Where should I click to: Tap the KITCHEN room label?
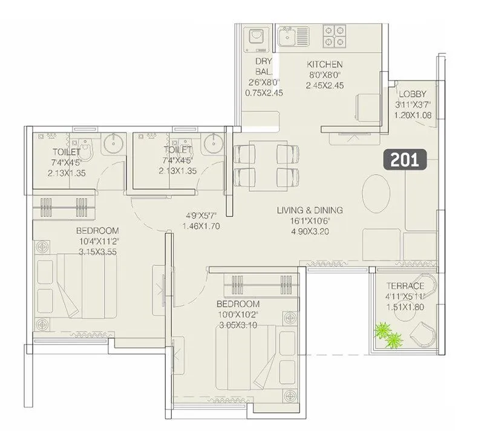point(324,64)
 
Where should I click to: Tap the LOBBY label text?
point(412,94)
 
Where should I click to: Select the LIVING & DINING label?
point(310,210)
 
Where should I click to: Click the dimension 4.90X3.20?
point(310,232)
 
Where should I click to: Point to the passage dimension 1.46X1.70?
point(200,227)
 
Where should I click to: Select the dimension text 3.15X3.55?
point(97,251)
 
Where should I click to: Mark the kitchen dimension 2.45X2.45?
point(324,86)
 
